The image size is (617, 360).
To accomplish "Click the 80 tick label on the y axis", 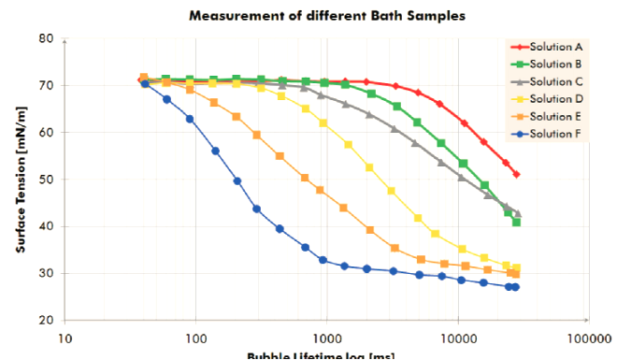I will point(45,38).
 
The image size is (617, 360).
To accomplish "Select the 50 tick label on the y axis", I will point(45,180).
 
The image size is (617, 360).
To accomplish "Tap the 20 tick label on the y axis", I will point(45,321).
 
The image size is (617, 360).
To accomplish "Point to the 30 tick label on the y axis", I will point(45,273).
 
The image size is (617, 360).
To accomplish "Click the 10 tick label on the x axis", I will point(65,337).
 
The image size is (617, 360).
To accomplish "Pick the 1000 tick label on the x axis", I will point(326,337).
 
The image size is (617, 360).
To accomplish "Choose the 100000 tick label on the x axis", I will point(588,337).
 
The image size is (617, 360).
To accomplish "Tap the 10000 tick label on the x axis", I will point(457,337).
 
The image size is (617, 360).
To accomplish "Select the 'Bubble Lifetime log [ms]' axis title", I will point(308,355).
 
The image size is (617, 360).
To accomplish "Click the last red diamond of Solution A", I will point(517,175).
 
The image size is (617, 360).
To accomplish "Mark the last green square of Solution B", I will point(516,223).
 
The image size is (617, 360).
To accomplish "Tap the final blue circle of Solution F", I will point(516,287).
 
